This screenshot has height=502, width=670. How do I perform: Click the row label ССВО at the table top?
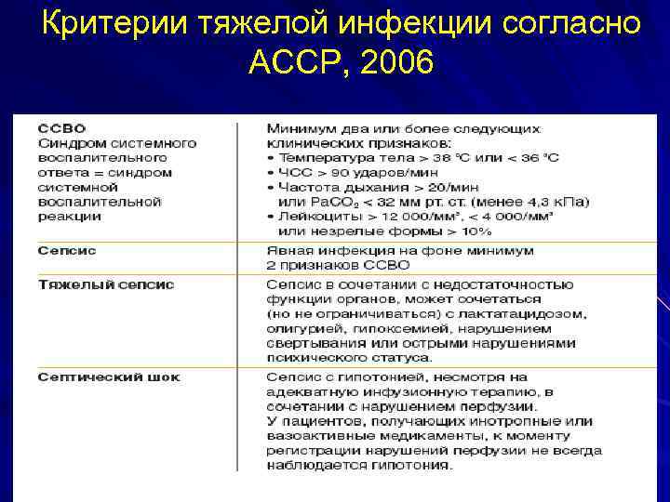(x=61, y=127)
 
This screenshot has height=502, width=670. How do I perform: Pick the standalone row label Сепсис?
(x=67, y=251)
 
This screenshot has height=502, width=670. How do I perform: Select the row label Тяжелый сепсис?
(x=105, y=284)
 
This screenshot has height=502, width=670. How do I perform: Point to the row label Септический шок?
(x=109, y=376)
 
